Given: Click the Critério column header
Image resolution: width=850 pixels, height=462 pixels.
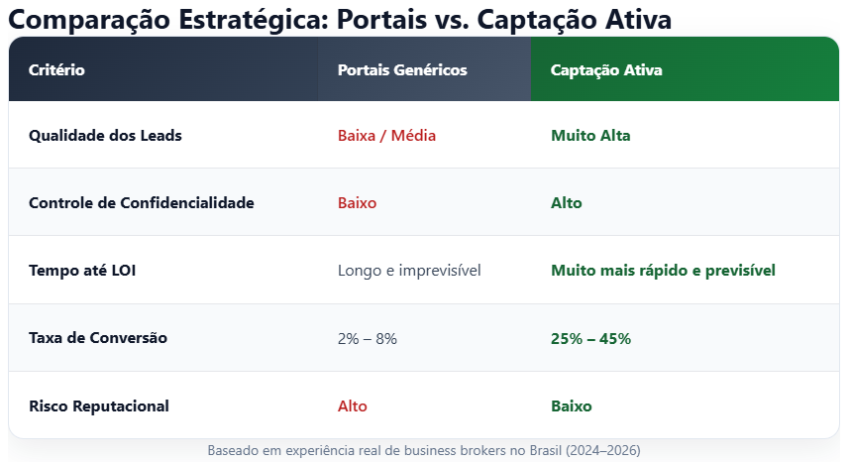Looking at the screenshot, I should coord(56,70).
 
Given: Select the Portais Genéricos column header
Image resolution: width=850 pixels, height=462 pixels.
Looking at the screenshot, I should coord(402,70).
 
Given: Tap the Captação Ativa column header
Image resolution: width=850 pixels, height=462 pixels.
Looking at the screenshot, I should coord(606,70).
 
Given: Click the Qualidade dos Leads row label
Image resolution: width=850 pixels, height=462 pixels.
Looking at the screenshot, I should coord(105,136).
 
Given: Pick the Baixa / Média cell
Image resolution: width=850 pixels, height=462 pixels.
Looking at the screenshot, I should coord(386,136).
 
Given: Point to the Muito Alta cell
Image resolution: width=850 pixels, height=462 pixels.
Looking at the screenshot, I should coord(590,136).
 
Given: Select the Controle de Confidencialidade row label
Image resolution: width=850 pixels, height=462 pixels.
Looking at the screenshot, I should coord(142,203).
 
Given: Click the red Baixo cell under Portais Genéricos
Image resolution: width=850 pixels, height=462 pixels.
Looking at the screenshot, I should coord(357,203).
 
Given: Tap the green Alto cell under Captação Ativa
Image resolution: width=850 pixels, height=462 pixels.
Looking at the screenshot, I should coord(567,203).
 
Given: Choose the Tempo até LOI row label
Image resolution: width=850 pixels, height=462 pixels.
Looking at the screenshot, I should coord(82,271).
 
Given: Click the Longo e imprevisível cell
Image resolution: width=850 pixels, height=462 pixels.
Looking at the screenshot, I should coord(409,271).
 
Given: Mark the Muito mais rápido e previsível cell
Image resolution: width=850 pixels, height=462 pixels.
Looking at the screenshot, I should coord(663,271).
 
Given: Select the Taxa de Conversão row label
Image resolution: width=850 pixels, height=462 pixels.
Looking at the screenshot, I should coord(98,338).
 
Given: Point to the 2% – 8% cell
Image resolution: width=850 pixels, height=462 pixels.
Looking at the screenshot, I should coord(368,338).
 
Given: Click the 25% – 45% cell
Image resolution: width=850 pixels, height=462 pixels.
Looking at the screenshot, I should coord(590,338).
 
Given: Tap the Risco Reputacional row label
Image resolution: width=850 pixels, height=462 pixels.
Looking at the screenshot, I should coord(99,405).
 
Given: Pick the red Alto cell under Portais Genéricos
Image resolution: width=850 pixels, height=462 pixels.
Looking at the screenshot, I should coord(353,405).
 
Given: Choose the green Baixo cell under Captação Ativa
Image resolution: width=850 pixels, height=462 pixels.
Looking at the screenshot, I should coord(572,405).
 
